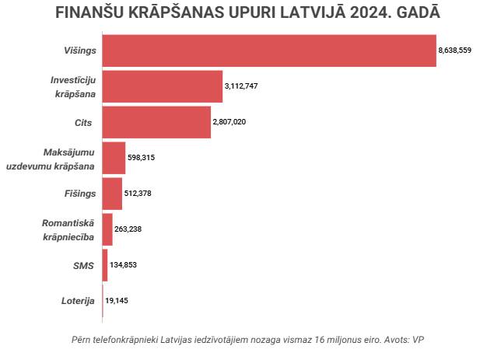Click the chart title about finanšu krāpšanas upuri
(x=247, y=15)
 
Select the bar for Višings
(x=268, y=51)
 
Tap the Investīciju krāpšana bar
(x=162, y=86)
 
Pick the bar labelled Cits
(x=156, y=122)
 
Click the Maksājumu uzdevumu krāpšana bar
(x=114, y=158)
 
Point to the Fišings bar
(x=112, y=194)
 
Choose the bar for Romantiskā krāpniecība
(x=107, y=229)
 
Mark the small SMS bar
(x=105, y=265)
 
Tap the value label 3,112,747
(x=241, y=86)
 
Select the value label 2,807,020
(x=229, y=122)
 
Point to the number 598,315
(x=142, y=158)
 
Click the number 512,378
(x=138, y=194)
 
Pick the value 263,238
(x=128, y=229)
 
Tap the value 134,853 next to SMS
(x=124, y=265)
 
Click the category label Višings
(x=79, y=51)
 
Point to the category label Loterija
(x=78, y=301)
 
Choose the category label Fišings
(x=79, y=194)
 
